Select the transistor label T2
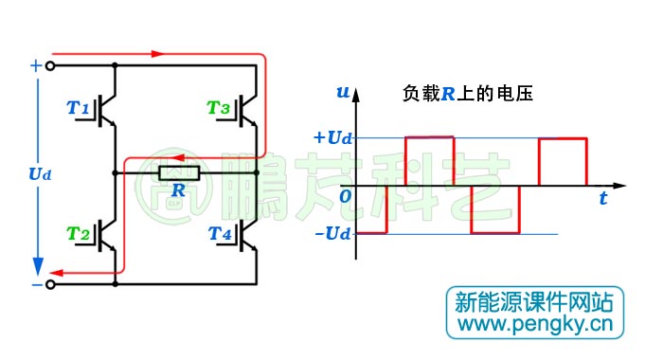pos(78,233)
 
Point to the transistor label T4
pos(219,233)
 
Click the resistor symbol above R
pos(178,172)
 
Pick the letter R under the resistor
pos(178,191)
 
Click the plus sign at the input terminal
pos(36,65)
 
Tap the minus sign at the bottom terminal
pos(36,283)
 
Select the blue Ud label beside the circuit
pos(40,174)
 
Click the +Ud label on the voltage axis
pos(331,136)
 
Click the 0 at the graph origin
pos(346,196)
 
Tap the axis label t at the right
pos(602,199)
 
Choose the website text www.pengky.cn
pos(535,326)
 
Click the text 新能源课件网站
pos(534,302)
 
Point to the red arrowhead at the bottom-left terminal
pos(54,275)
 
